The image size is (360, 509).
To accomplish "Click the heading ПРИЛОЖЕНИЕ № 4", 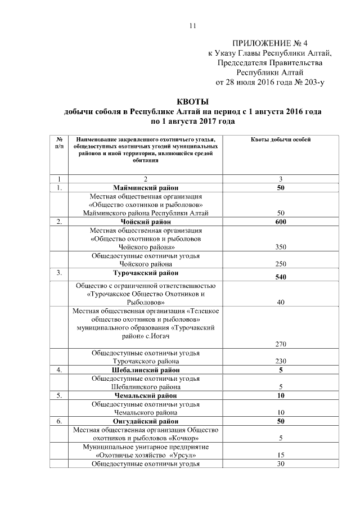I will pyautogui.click(x=269, y=43).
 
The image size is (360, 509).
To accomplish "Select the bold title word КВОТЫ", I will pyautogui.click(x=193, y=102).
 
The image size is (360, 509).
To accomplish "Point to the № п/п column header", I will pyautogui.click(x=59, y=142).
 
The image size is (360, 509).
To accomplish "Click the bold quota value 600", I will pyautogui.click(x=281, y=222).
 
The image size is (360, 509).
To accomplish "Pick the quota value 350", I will pyautogui.click(x=281, y=247).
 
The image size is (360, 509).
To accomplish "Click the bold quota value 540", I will pyautogui.click(x=281, y=277).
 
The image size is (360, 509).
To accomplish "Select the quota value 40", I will pyautogui.click(x=281, y=302).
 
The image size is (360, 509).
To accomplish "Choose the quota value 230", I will pyautogui.click(x=281, y=361).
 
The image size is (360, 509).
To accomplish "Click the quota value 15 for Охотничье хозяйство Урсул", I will pyautogui.click(x=281, y=455).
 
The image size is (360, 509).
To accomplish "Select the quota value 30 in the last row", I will pyautogui.click(x=281, y=463).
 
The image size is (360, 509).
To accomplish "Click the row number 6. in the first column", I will pyautogui.click(x=59, y=421).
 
